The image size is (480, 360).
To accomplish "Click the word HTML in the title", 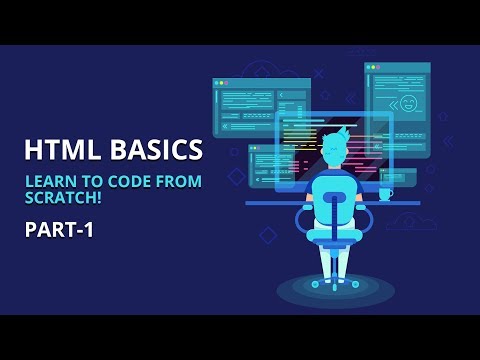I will [63, 150].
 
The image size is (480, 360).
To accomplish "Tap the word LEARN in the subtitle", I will [47, 181].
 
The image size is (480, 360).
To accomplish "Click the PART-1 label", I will [59, 229].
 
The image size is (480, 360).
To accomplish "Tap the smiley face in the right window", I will [407, 103].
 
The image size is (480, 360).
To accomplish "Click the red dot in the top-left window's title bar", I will [218, 83].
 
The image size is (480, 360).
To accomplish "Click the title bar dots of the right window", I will [374, 68].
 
